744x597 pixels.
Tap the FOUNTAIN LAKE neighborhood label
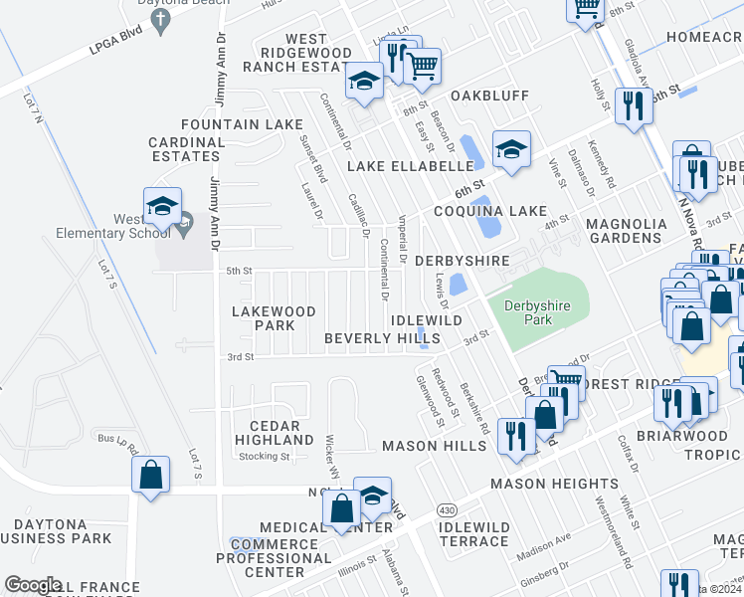tap(242, 124)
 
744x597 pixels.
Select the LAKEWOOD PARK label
tap(274, 318)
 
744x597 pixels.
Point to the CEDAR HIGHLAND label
tap(275, 433)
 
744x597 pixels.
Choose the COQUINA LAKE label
tap(489, 211)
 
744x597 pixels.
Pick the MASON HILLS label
tap(435, 446)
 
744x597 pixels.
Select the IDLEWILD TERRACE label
tap(473, 534)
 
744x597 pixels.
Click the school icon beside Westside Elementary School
tap(162, 206)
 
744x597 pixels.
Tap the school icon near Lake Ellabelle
tap(511, 149)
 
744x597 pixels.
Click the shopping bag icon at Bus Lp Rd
tap(150, 474)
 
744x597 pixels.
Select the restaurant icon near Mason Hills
tap(516, 435)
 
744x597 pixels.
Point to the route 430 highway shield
tap(447, 509)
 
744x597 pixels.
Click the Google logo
tap(33, 585)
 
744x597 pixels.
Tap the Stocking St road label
tap(264, 457)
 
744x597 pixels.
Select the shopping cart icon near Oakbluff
tap(423, 67)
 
